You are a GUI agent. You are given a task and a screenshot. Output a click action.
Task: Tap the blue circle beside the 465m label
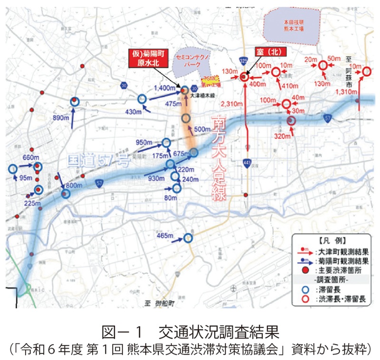tap(189, 238)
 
